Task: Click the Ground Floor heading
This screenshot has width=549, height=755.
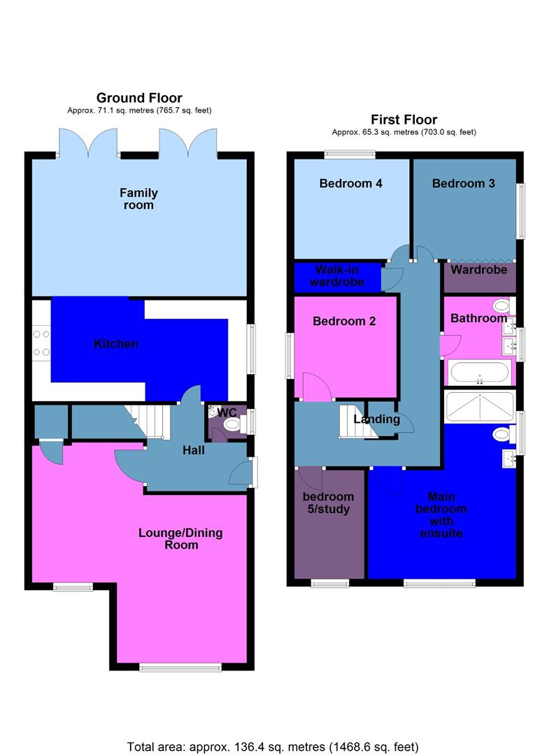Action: [x=139, y=98]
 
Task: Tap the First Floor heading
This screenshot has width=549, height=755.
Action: [x=404, y=120]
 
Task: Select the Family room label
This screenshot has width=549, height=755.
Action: [x=138, y=199]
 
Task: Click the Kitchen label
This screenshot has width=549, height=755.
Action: [x=116, y=344]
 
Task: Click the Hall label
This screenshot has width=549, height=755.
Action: [x=193, y=450]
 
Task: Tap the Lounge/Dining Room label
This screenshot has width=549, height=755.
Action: [x=180, y=538]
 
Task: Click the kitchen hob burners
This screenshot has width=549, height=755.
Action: [x=41, y=343]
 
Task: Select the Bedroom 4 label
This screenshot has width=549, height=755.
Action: [x=350, y=184]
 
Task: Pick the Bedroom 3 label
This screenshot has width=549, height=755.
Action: [x=463, y=184]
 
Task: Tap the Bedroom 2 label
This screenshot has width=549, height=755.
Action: [x=344, y=322]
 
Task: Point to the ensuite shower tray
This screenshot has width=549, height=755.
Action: [x=480, y=404]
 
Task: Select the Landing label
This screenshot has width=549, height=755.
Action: [x=376, y=419]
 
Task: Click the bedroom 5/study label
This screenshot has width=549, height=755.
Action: [x=328, y=503]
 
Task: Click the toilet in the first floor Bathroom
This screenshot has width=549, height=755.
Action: [x=501, y=305]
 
